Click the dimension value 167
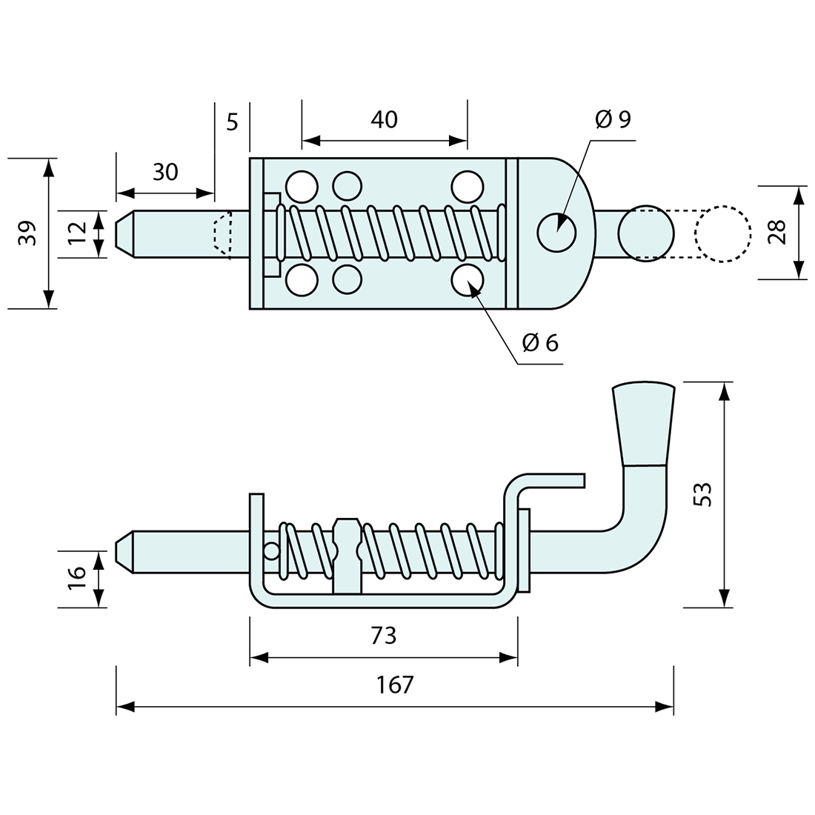click(395, 685)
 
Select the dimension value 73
click(384, 635)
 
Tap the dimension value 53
click(704, 494)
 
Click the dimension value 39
click(27, 233)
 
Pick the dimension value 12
click(77, 233)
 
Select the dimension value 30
click(165, 172)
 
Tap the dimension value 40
click(384, 119)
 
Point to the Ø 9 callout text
click(613, 119)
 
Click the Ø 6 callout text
click(540, 342)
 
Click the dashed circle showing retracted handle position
click(722, 233)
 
